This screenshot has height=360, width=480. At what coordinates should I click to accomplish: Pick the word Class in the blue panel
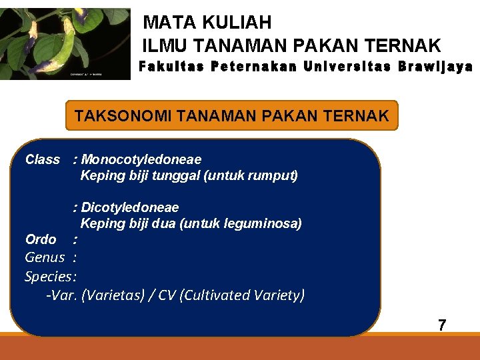coord(42,159)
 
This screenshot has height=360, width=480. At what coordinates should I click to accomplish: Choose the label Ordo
coord(40,239)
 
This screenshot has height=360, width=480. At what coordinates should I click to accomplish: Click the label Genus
coord(45,257)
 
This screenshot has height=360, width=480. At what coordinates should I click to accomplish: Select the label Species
coord(49,276)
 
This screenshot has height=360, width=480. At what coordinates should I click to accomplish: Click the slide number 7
coord(441,325)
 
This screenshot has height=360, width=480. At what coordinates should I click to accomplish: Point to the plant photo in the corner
coord(65,43)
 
